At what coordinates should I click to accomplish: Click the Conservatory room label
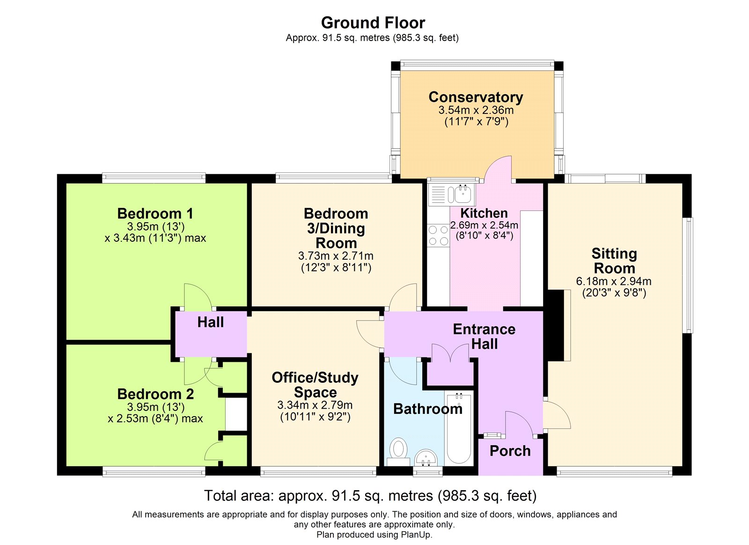pos(476,97)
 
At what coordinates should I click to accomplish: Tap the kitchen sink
pos(463,194)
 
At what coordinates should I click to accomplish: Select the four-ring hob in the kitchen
pos(438,235)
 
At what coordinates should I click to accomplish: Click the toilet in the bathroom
pos(398,452)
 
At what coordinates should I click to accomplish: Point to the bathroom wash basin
pos(426,458)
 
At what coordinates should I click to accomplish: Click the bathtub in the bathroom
pos(459,429)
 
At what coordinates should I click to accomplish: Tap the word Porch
pos(510,451)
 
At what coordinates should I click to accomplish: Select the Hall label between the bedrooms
pos(210,322)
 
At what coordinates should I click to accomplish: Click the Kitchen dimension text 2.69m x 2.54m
pos(484,225)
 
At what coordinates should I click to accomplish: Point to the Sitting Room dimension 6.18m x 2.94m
pos(614,281)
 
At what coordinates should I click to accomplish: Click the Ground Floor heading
pos(373,23)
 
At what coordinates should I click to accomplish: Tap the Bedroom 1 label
pos(155,213)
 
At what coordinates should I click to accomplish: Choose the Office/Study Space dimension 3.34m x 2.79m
pos(315,405)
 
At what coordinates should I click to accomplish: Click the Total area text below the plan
pos(370,495)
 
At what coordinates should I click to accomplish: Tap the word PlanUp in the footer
pos(419,535)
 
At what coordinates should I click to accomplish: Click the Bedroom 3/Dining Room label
pos(336,228)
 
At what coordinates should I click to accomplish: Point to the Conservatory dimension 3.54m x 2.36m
pos(476,110)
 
